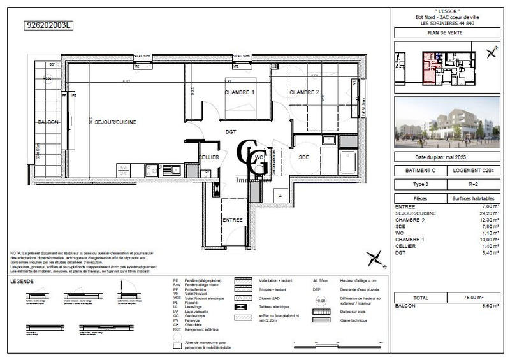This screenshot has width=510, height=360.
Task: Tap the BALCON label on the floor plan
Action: click(x=48, y=122)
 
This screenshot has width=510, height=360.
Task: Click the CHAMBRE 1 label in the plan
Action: click(x=239, y=92)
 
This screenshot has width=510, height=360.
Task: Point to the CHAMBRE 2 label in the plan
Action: click(x=304, y=92)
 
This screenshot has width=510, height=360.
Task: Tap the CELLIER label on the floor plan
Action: click(x=209, y=157)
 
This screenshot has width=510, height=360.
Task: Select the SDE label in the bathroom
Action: click(x=304, y=157)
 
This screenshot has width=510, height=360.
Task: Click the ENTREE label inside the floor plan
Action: click(x=232, y=219)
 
